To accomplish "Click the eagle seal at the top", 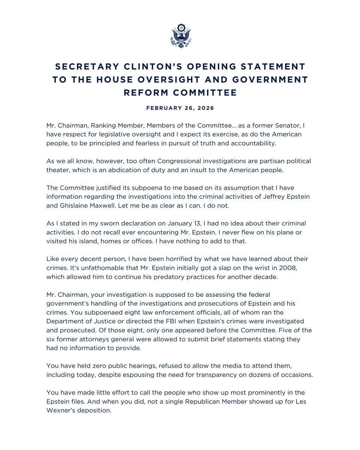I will point(180,36).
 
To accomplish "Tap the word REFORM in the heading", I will point(144,93).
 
